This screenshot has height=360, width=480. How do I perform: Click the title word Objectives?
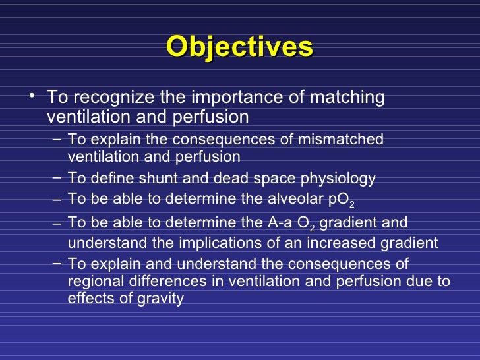click(239, 47)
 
